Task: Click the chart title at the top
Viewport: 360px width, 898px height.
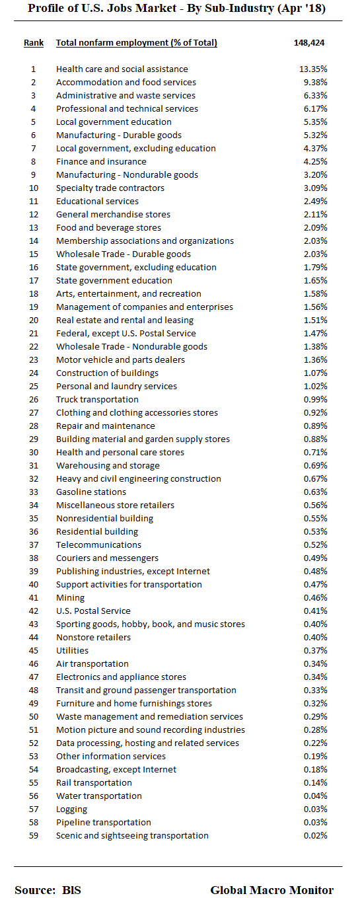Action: click(176, 9)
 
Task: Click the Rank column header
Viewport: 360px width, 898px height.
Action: click(34, 43)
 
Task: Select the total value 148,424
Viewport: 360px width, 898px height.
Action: click(309, 43)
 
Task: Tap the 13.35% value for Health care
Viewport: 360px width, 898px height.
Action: click(314, 69)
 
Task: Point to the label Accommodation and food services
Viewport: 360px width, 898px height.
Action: click(126, 83)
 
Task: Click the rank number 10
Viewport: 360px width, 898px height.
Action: click(34, 188)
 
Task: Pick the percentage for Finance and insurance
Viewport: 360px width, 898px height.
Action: click(314, 162)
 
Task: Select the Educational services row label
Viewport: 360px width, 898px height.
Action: click(97, 202)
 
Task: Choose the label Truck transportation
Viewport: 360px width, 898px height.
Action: click(97, 400)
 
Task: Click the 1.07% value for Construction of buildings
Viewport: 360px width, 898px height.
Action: click(314, 373)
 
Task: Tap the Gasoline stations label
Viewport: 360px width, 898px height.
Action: click(91, 492)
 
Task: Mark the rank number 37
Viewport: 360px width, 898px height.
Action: click(34, 545)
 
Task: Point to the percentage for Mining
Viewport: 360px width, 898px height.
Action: click(314, 598)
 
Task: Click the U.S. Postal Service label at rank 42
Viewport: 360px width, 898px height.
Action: click(93, 611)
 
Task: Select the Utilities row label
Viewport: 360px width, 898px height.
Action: click(72, 651)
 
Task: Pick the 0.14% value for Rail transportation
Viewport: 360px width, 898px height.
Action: click(314, 783)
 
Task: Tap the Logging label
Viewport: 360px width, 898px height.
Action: click(71, 809)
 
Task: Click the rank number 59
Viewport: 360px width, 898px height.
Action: click(34, 836)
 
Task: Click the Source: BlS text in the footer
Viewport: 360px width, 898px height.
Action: click(48, 890)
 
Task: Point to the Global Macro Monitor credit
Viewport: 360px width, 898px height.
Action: click(271, 890)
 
